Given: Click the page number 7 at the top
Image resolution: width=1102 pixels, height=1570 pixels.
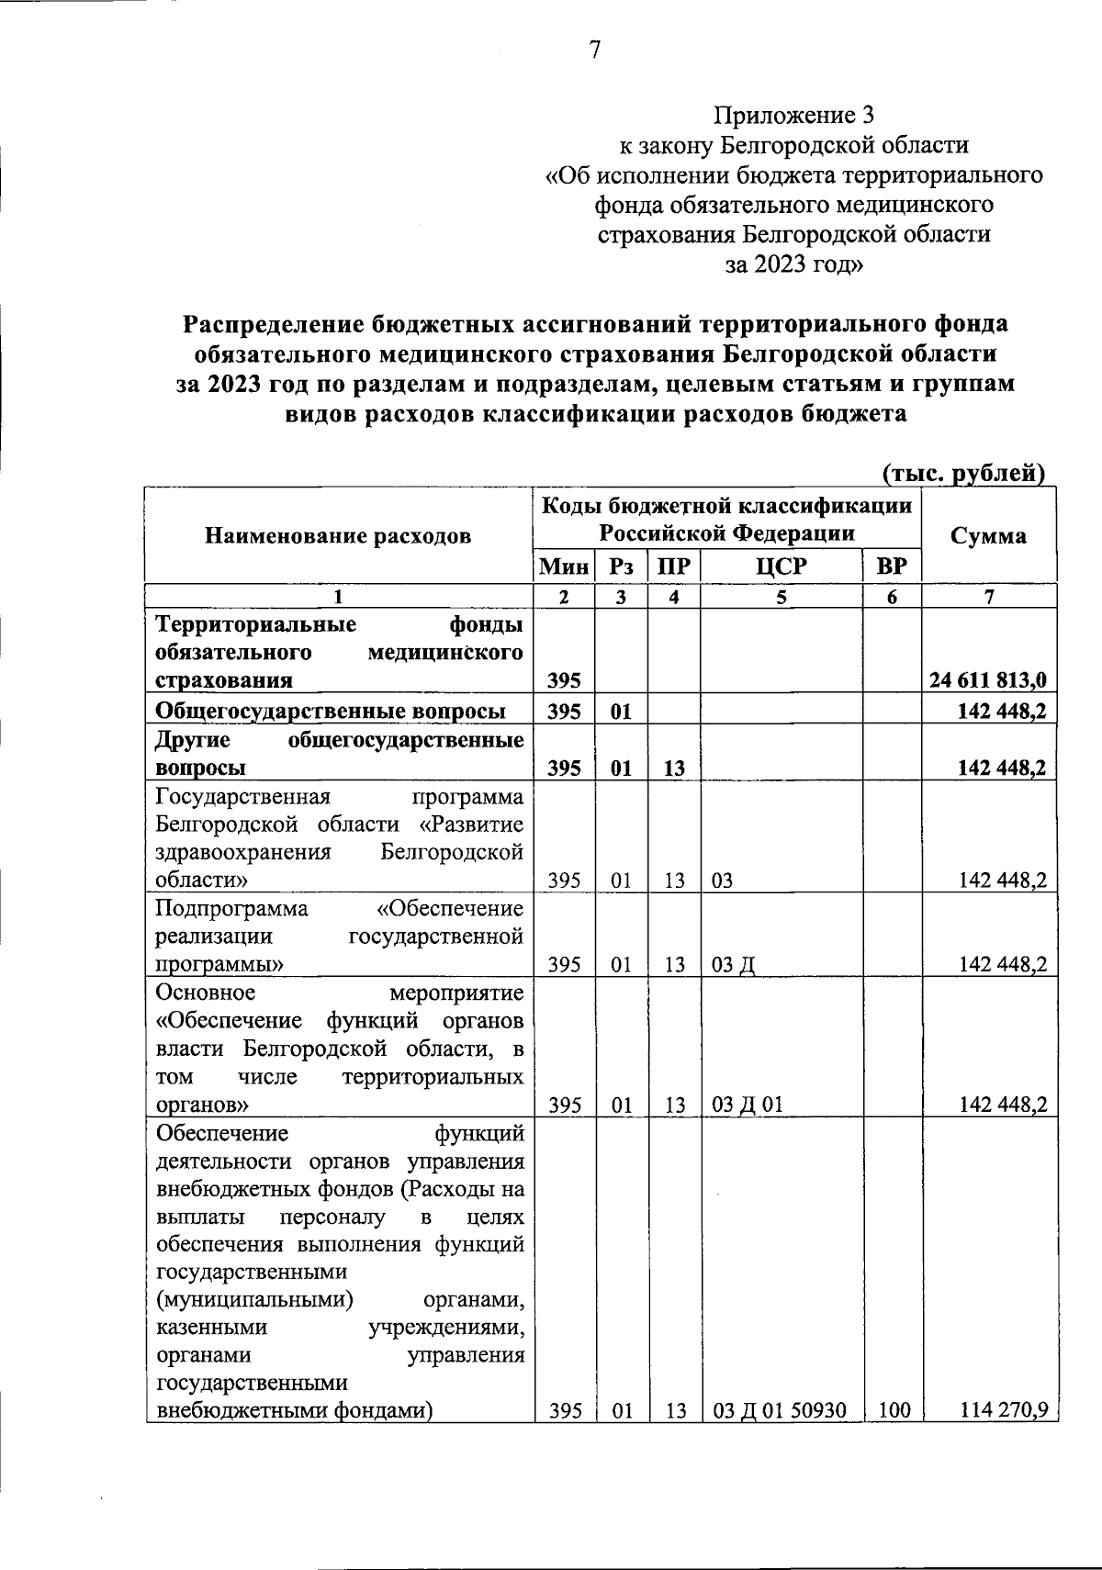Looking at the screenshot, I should pyautogui.click(x=594, y=51).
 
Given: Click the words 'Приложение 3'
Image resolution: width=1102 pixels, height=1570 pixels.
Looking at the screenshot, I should pyautogui.click(x=795, y=116).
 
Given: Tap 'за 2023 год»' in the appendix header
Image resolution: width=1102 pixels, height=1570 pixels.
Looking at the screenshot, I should pyautogui.click(x=795, y=264).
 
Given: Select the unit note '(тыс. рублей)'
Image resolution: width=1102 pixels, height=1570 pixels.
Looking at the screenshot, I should pyautogui.click(x=963, y=473).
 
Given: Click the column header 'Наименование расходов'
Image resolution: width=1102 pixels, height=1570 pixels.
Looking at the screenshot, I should pyautogui.click(x=338, y=535).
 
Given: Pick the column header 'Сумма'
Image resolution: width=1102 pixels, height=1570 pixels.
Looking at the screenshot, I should pyautogui.click(x=988, y=535).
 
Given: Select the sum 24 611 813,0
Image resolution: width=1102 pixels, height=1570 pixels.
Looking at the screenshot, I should pyautogui.click(x=988, y=681).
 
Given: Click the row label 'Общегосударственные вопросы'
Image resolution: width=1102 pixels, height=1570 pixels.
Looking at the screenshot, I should pyautogui.click(x=331, y=711).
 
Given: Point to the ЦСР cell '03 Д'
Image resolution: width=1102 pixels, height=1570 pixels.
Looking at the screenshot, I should pyautogui.click(x=733, y=965).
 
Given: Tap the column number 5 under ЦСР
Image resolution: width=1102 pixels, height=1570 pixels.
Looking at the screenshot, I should pyautogui.click(x=781, y=597).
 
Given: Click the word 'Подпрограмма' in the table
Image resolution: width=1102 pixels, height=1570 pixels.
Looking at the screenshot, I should pyautogui.click(x=231, y=909).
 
